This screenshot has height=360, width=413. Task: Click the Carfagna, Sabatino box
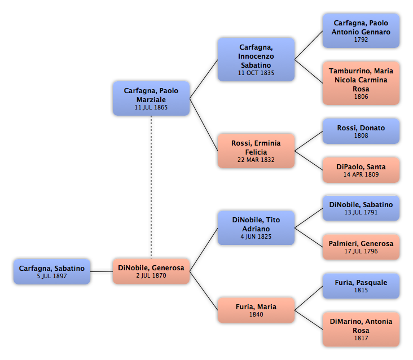point(52,271)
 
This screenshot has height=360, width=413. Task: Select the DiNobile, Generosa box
point(151,271)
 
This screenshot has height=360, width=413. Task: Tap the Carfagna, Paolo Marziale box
point(151,98)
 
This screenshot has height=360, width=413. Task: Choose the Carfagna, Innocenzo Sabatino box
point(256,59)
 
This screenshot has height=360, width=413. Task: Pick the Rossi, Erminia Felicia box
point(256,151)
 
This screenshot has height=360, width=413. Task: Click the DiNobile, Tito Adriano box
point(256,228)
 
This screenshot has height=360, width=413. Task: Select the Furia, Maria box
point(256,310)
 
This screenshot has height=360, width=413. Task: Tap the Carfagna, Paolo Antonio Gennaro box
point(361,30)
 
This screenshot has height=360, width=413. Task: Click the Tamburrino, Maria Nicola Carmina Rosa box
point(361,84)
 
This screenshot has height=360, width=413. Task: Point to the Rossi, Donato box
point(361,131)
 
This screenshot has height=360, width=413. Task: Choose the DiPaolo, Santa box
point(361,170)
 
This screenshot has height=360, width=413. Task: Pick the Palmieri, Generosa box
point(361,247)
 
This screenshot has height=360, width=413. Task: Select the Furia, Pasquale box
point(361,286)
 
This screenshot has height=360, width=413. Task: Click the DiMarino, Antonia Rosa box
point(361,329)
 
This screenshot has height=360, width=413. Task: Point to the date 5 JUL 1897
point(52,276)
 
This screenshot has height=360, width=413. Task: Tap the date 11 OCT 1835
point(256,73)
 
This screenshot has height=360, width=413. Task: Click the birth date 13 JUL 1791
point(361,213)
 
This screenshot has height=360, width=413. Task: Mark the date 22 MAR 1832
point(256,160)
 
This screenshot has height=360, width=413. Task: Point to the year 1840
point(256,315)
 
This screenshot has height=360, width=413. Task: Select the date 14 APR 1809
point(361,175)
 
